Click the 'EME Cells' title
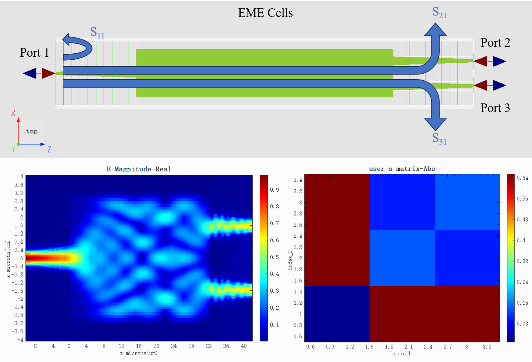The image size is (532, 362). tap(265, 13)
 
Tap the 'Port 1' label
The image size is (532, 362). tap(34, 53)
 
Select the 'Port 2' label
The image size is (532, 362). tap(495, 43)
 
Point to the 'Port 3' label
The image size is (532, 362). tap(495, 108)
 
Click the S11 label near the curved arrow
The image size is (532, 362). tap(97, 32)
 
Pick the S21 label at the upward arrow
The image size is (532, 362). tap(439, 13)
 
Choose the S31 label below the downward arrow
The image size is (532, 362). tap(439, 139)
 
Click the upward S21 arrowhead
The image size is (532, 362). tap(435, 30)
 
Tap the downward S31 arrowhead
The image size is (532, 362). tap(435, 124)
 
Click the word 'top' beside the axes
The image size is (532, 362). tap(32, 132)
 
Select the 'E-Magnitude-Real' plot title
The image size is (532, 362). tap(139, 169)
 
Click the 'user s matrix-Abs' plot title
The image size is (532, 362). tap(402, 169)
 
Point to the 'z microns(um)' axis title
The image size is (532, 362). tap(139, 353)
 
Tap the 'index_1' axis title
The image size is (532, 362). tap(401, 354)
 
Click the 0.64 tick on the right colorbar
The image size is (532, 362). tap(522, 178)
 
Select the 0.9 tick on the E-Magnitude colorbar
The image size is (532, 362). tap(274, 190)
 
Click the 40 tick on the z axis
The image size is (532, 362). tap(244, 346)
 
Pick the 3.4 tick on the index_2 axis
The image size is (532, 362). tap(298, 180)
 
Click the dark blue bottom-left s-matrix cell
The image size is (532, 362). tap(337, 314)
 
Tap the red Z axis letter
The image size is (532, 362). tap(49, 150)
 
